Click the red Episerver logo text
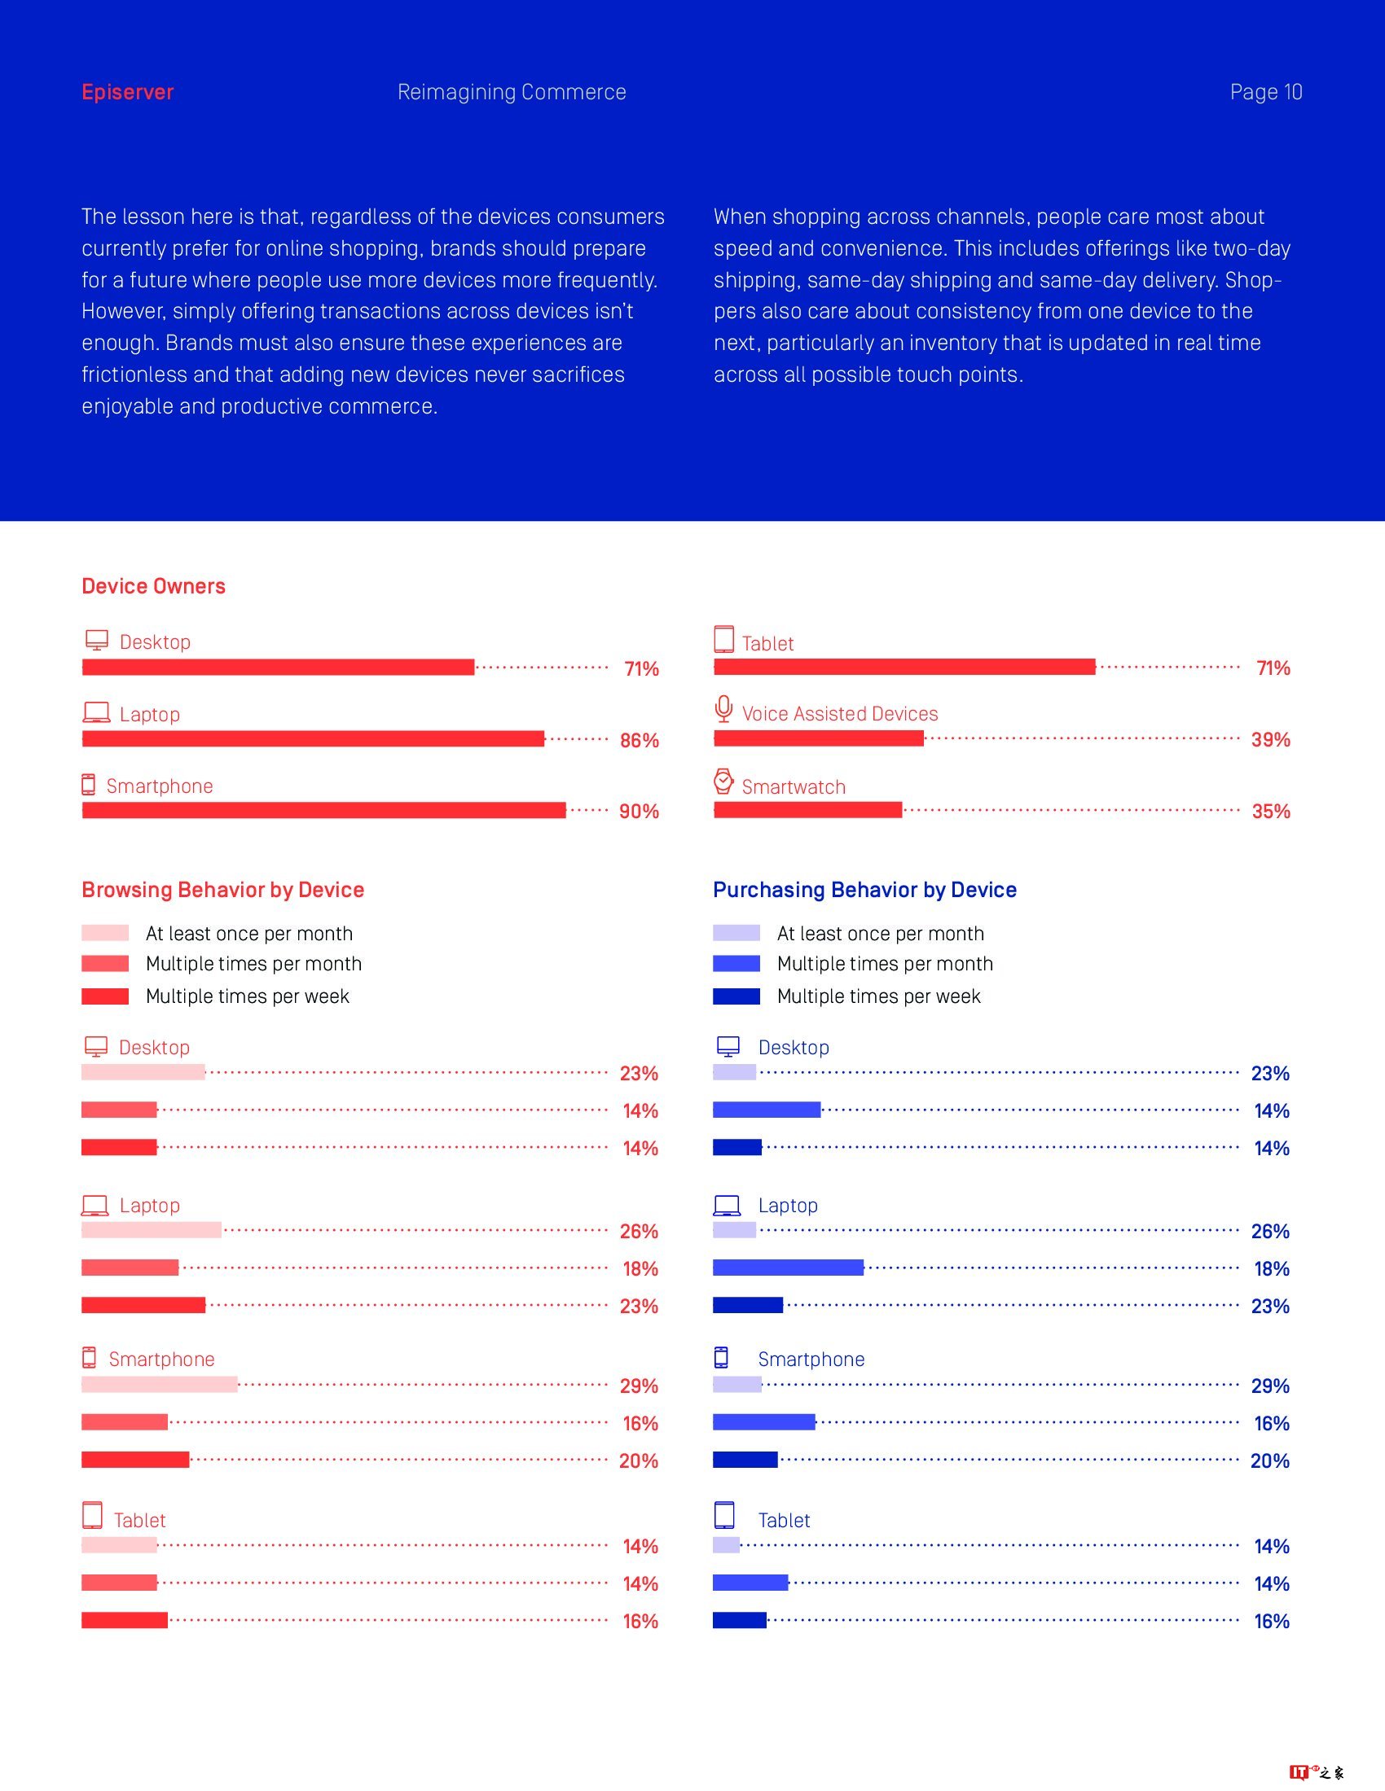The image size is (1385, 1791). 127,92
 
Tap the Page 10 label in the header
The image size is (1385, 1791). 1265,92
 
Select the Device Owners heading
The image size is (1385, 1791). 153,586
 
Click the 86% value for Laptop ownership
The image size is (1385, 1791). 640,741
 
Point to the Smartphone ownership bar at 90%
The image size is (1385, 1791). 323,811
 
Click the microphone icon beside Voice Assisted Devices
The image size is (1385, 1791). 723,709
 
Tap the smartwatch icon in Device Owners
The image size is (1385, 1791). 723,782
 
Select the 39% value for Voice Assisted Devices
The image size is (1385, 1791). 1270,740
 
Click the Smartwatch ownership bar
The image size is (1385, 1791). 807,811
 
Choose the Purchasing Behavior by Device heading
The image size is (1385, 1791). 864,890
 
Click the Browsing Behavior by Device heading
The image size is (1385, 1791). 222,890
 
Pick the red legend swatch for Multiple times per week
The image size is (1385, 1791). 105,996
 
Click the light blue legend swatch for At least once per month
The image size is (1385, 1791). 736,933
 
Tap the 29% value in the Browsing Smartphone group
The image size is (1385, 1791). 639,1386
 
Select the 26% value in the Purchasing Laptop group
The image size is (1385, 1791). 1269,1231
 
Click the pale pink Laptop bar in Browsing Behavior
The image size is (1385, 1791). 151,1230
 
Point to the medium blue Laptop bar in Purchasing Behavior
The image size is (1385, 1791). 788,1268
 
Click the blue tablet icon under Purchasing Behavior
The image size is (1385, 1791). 723,1516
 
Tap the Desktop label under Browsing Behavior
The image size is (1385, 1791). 154,1047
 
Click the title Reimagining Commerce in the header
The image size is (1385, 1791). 511,92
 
